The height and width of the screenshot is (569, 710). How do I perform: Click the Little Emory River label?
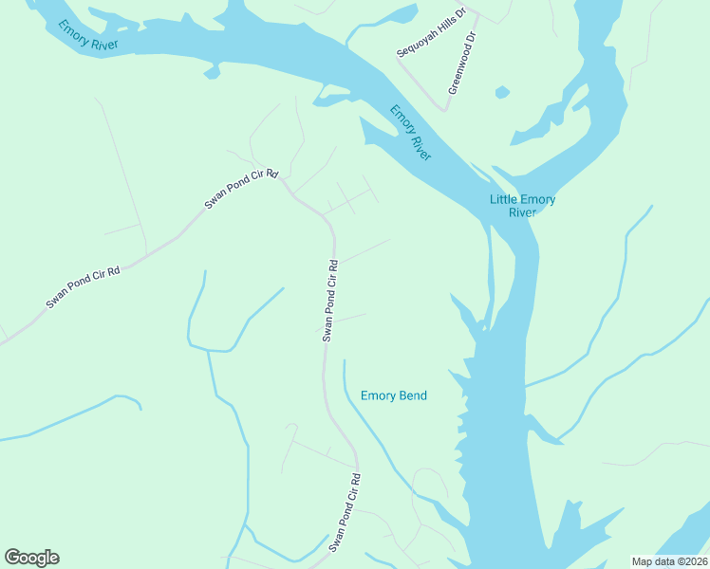[522, 205]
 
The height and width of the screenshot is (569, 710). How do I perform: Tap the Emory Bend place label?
[394, 395]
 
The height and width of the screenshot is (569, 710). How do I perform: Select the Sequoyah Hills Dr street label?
[432, 34]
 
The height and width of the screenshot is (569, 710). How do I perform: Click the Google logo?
[31, 558]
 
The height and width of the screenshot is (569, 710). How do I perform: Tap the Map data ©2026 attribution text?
[670, 561]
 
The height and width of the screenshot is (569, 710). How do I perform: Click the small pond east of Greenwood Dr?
[501, 92]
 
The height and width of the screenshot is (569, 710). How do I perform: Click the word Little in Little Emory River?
[503, 199]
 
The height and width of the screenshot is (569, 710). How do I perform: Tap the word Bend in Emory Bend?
[413, 395]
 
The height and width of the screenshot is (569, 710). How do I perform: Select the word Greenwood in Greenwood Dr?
[459, 72]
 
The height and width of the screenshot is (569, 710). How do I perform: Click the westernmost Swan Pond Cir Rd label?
[84, 287]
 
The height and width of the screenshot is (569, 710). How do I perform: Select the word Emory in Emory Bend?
[377, 395]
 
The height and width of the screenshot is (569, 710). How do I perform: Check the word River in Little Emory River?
[522, 212]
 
